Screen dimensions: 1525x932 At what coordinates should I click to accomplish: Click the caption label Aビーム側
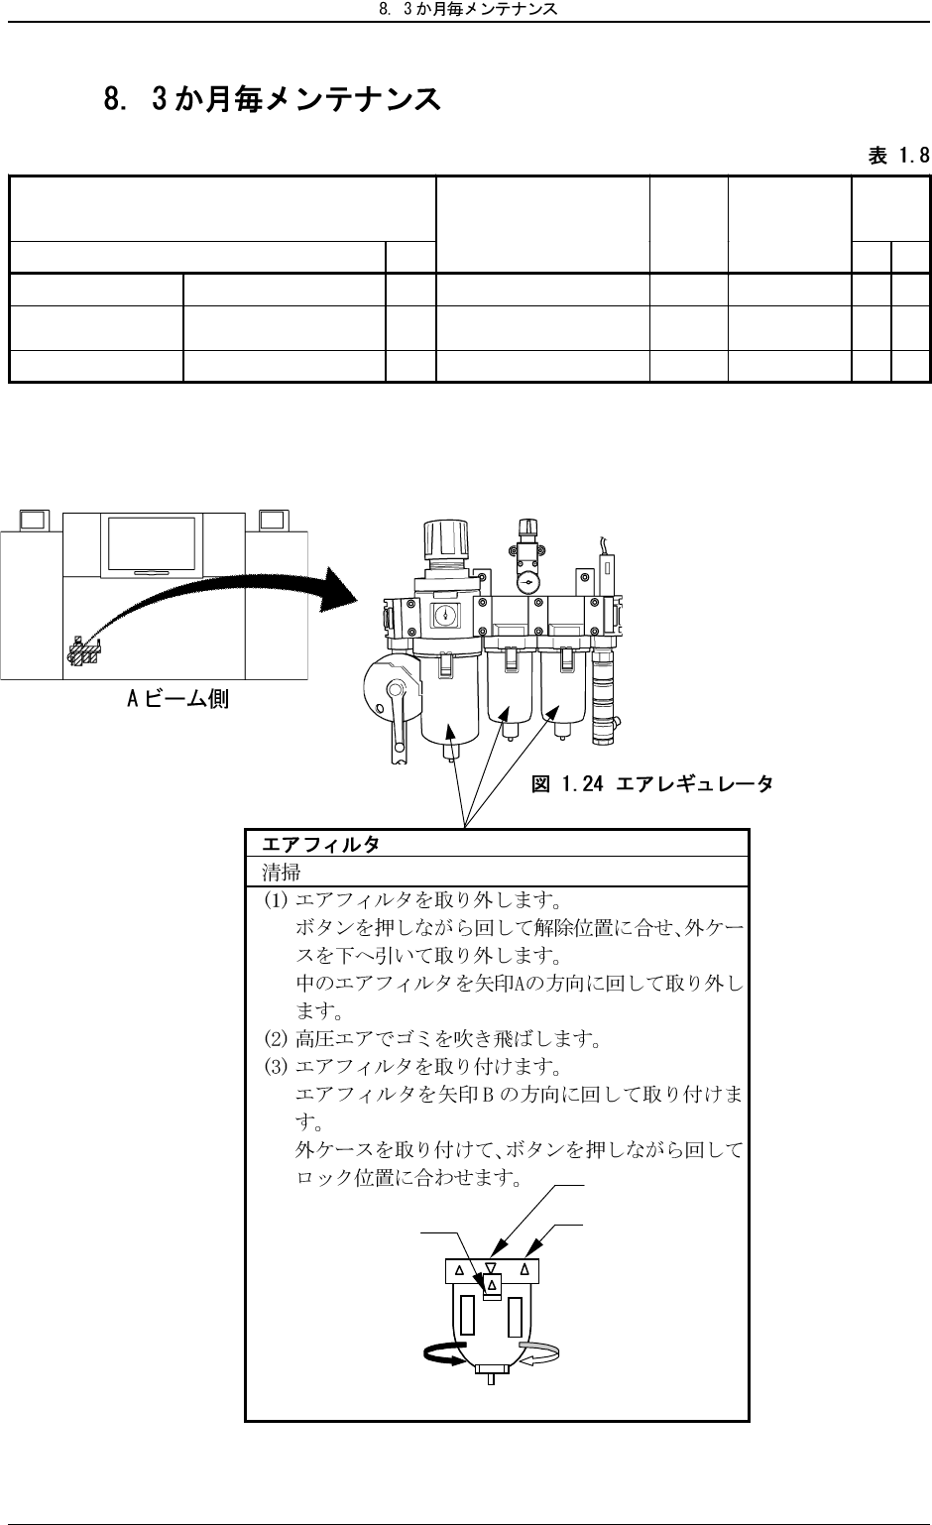click(177, 699)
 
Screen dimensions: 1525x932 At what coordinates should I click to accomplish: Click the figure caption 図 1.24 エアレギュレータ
click(652, 785)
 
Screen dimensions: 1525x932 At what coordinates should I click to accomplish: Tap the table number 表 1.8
click(898, 156)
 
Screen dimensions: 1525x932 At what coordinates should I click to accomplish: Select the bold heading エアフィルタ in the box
click(320, 844)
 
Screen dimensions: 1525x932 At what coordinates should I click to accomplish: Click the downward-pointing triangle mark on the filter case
click(491, 1268)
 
